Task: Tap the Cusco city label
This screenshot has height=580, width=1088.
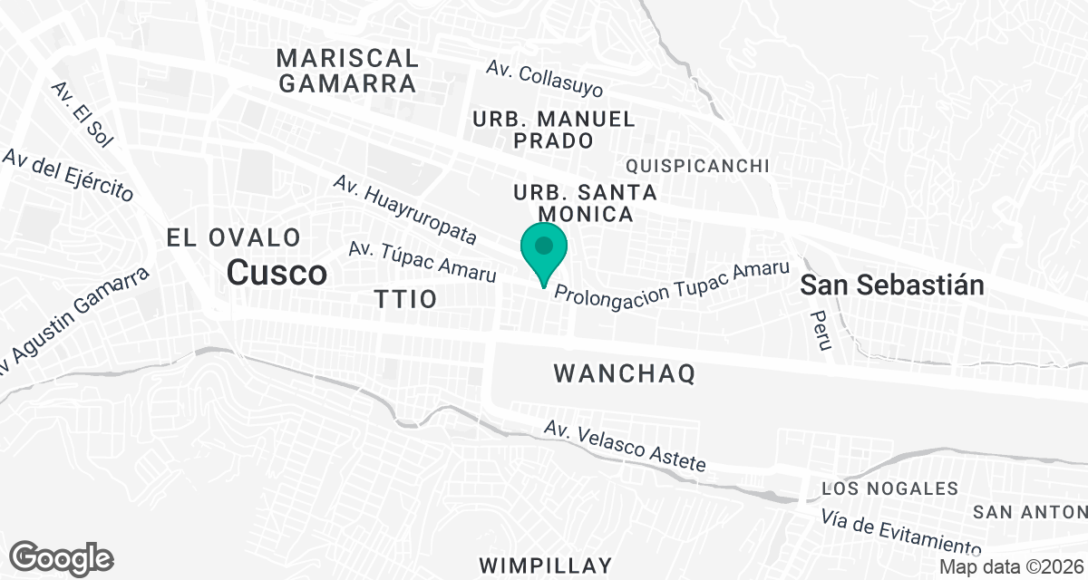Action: (x=277, y=272)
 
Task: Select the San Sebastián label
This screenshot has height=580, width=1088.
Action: (x=892, y=285)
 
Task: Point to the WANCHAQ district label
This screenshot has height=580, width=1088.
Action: (x=624, y=373)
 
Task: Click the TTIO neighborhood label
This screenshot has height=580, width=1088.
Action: (x=405, y=299)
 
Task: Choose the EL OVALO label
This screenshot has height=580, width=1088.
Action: (x=234, y=238)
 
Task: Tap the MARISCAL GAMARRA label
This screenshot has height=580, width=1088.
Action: (x=347, y=72)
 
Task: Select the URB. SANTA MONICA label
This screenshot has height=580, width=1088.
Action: (x=585, y=204)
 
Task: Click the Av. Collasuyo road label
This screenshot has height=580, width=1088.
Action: (x=544, y=81)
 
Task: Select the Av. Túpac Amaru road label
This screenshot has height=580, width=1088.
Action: (x=423, y=261)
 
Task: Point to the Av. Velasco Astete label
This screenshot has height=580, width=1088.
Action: (x=625, y=446)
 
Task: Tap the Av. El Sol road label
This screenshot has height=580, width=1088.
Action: (x=82, y=114)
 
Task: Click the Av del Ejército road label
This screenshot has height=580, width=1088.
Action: (x=68, y=175)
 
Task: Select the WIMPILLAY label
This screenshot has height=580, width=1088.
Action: (x=546, y=565)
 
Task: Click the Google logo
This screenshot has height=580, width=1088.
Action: (x=62, y=557)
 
